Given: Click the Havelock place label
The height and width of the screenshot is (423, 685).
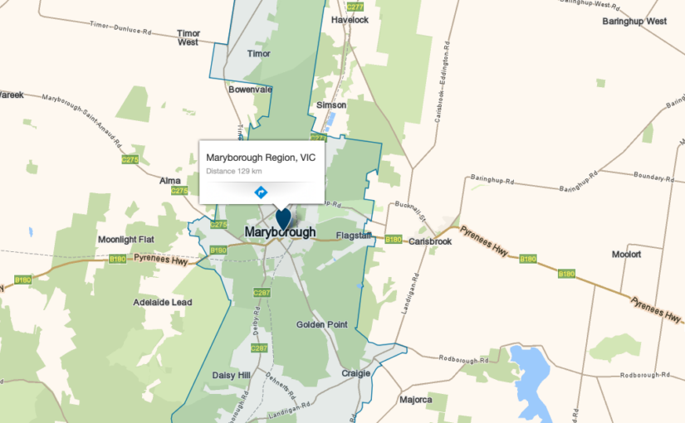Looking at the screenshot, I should click(349, 19).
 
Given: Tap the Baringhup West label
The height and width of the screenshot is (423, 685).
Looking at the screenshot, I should click(634, 21).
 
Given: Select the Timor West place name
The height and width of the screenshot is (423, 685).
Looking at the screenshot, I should click(188, 37).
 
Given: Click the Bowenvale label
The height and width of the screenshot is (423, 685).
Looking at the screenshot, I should click(251, 89).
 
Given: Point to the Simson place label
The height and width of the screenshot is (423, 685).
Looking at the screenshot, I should click(331, 105).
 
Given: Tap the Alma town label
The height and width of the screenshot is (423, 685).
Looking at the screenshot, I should click(170, 180).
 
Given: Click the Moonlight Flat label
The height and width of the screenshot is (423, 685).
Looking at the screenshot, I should click(126, 240).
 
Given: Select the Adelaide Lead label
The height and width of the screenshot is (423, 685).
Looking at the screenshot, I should click(162, 303).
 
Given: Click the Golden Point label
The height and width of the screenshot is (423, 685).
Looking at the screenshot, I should click(321, 324).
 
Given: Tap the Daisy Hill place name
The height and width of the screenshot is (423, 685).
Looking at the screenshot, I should click(231, 375).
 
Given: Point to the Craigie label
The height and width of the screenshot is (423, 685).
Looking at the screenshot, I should click(355, 373).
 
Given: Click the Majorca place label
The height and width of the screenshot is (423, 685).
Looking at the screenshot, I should click(415, 400).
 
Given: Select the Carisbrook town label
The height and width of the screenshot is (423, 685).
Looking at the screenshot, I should click(430, 241).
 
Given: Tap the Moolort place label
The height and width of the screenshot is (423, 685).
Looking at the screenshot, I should click(626, 254).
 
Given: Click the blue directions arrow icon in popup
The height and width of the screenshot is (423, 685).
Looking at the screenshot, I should click(261, 192).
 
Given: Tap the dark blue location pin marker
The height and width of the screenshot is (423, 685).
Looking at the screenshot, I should click(283, 218).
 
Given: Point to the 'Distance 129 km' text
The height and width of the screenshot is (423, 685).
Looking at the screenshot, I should click(234, 171).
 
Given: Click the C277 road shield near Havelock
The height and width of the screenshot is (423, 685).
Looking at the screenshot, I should click(355, 7).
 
